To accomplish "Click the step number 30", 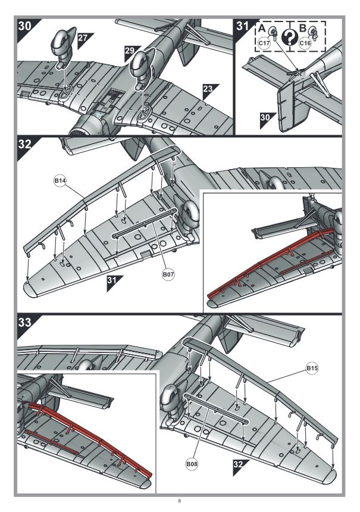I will pyautogui.click(x=26, y=26).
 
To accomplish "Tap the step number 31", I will pyautogui.click(x=243, y=26).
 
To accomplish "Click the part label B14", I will pyautogui.click(x=61, y=180).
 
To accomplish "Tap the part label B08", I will pyautogui.click(x=191, y=463).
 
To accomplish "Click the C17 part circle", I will pyautogui.click(x=264, y=43).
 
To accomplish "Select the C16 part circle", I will pyautogui.click(x=305, y=43).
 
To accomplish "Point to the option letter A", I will pyautogui.click(x=262, y=27).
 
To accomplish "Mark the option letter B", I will pyautogui.click(x=302, y=27).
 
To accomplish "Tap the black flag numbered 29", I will pyautogui.click(x=130, y=51).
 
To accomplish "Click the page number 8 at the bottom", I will pyautogui.click(x=179, y=501).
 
